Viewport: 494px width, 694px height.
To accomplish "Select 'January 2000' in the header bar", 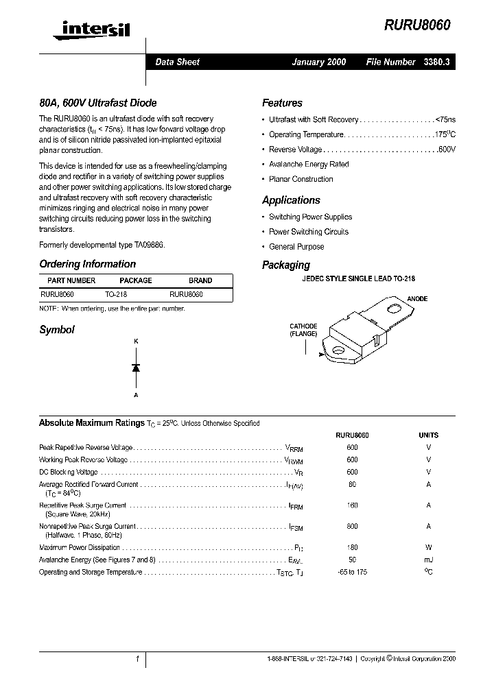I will (318, 62).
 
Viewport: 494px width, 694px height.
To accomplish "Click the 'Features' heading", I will (282, 103).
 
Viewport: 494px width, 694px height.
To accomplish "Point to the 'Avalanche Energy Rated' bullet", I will (309, 165).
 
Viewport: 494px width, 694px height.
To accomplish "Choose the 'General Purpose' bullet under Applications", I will (296, 247).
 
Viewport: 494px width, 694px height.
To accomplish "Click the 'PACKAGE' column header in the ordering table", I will (135, 280).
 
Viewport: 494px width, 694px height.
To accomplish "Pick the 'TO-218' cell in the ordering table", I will (116, 294).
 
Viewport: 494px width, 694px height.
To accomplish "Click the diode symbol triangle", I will (136, 368).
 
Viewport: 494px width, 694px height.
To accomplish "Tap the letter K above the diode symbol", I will (136, 341).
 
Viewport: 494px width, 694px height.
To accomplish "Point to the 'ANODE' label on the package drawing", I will (417, 299).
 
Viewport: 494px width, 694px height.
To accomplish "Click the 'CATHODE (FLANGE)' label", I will (303, 330).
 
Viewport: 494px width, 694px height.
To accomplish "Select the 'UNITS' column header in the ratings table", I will (428, 435).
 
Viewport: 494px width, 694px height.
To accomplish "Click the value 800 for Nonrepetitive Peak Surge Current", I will (352, 527).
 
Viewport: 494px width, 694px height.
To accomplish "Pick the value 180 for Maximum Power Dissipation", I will (352, 547).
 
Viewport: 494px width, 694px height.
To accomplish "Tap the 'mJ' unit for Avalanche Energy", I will (428, 560).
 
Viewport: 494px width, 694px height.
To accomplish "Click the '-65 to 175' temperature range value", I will (352, 572).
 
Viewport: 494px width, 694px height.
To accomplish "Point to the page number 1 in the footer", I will (137, 658).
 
